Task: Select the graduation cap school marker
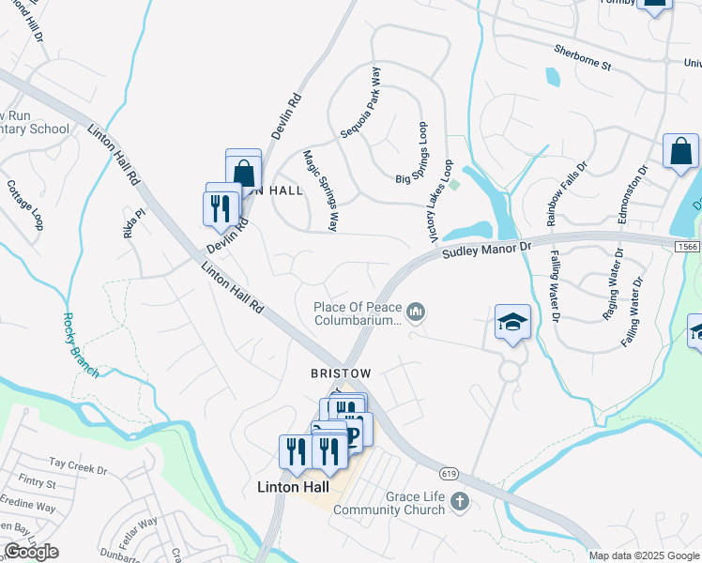point(512,323)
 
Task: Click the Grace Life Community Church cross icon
point(459,502)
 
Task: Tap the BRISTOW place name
point(341,373)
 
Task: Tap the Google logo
point(31,552)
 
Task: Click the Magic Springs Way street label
point(320,190)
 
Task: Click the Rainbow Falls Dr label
point(566,191)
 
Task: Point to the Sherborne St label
point(582,58)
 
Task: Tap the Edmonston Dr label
point(632,194)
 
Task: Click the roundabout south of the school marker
point(510,371)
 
